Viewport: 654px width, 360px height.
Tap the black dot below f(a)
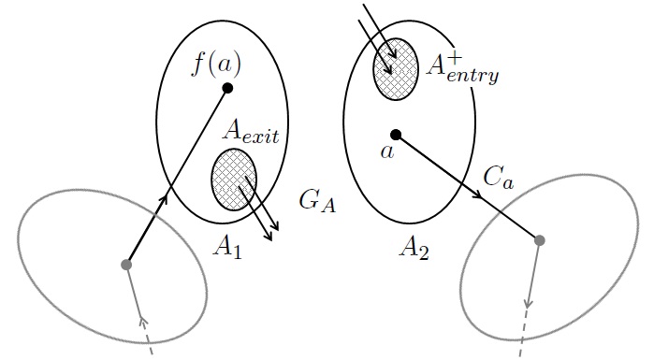[x=226, y=89]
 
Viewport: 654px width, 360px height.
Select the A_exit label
[x=251, y=130]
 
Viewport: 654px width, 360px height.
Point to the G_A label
[x=317, y=201]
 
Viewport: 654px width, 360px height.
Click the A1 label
[x=227, y=246]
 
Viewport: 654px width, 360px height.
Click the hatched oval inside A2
[x=396, y=67]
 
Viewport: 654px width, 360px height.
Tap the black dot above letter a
[x=396, y=135]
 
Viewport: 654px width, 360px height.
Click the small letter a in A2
[x=386, y=151]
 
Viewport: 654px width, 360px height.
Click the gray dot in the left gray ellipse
[x=126, y=265]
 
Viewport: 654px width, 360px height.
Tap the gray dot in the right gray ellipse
[x=539, y=240]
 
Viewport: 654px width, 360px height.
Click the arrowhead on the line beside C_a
[x=477, y=194]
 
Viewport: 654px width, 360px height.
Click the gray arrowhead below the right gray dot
[x=530, y=302]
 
